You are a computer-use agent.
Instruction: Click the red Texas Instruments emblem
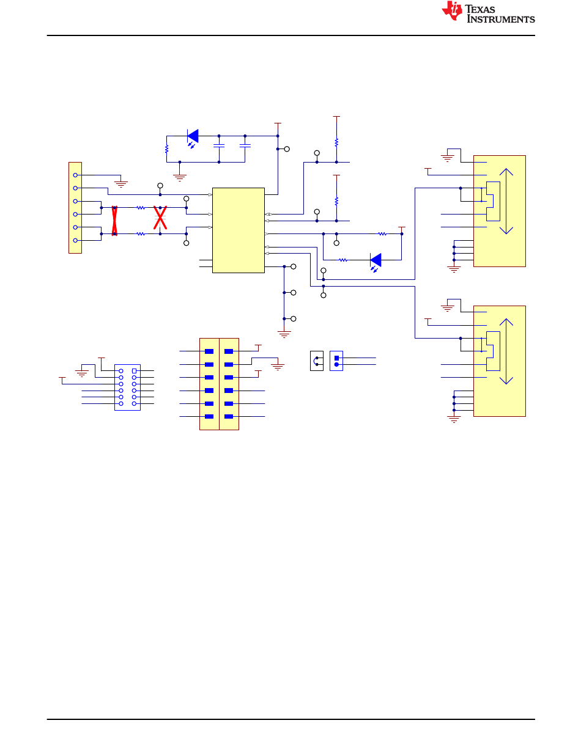(451, 11)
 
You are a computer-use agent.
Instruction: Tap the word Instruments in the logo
(501, 19)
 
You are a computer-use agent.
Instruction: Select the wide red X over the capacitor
(160, 218)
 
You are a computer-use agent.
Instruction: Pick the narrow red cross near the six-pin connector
(114, 221)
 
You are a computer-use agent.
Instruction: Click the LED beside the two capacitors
(193, 138)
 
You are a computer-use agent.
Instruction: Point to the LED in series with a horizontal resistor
(376, 262)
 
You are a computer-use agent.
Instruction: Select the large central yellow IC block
(238, 230)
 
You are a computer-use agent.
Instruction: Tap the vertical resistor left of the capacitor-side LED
(166, 149)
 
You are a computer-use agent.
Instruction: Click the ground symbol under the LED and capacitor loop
(180, 178)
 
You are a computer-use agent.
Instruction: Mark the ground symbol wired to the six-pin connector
(121, 184)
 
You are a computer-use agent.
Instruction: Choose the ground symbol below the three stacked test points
(284, 334)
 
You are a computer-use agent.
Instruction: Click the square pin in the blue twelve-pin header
(134, 371)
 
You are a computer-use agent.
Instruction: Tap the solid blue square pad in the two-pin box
(336, 358)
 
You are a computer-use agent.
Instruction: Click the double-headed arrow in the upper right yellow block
(506, 201)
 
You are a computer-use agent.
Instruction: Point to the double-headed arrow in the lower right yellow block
(506, 351)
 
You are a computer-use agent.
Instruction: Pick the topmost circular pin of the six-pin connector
(75, 175)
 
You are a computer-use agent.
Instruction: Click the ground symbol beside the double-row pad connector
(278, 367)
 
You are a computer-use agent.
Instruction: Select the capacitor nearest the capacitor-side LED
(218, 146)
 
